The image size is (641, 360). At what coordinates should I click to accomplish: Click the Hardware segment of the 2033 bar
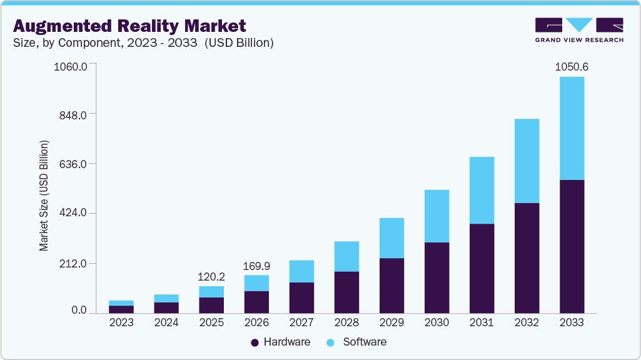pos(572,246)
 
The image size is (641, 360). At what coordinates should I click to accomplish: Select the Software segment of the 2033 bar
pos(572,128)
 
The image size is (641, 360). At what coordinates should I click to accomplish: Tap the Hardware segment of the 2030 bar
pos(437,277)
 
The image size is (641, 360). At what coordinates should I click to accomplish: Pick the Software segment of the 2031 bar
pos(482,190)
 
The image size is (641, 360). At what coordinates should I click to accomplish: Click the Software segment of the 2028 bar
pos(346,256)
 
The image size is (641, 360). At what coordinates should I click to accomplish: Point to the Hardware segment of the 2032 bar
pos(527,257)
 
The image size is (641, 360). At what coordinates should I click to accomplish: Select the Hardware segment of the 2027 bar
pos(301,297)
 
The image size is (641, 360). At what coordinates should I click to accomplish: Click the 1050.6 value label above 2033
pos(572,67)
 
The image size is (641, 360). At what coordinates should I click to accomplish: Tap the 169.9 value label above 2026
pos(256,266)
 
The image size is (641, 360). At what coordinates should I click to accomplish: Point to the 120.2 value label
pos(211,276)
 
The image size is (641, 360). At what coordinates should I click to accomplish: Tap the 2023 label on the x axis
pos(121,322)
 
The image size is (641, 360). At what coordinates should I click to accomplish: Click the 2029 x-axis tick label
pos(391,322)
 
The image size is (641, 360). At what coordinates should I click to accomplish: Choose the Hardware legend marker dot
pos(255,342)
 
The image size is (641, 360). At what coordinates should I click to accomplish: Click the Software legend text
pos(365,342)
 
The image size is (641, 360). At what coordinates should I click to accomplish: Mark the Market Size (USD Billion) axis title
pos(44,196)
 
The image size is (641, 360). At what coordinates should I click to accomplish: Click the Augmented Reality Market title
pos(129,26)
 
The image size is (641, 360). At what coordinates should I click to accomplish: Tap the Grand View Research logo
pos(578,29)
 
